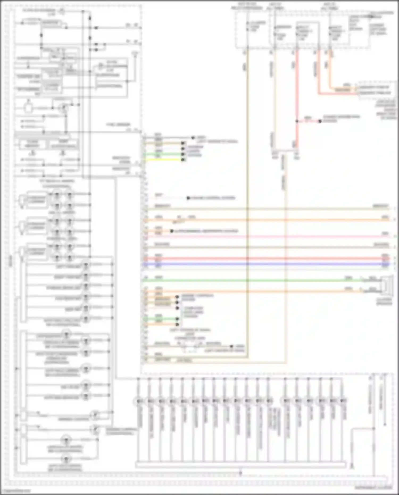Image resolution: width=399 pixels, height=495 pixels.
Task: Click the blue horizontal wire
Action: [x=266, y=264]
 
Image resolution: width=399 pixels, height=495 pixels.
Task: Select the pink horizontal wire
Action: [x=266, y=236]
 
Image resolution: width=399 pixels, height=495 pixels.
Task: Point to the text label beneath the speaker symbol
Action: [x=384, y=302]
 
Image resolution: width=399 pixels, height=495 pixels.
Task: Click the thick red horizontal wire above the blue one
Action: [x=266, y=258]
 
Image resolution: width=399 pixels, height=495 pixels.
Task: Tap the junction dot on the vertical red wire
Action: [x=297, y=121]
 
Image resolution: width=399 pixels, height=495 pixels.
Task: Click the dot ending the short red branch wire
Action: [x=320, y=121]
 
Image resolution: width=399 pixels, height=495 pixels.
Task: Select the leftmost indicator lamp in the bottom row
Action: [x=139, y=401]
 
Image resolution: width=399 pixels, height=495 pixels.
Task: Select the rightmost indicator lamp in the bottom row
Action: [x=343, y=401]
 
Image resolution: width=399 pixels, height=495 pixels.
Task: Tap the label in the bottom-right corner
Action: [x=373, y=488]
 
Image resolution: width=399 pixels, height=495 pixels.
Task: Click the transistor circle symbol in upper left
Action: [x=64, y=108]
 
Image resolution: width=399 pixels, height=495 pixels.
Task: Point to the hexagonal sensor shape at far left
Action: [x=28, y=108]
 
